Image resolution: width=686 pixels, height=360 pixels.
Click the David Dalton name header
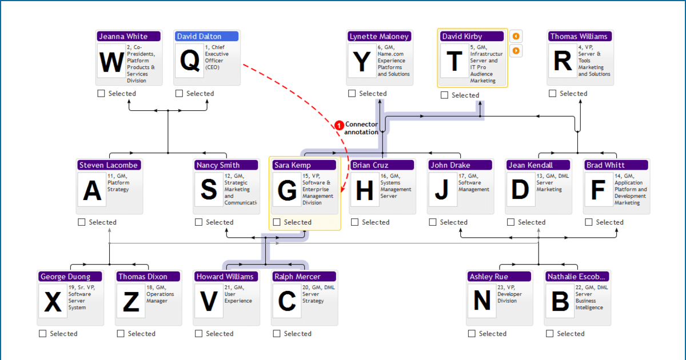[206, 37]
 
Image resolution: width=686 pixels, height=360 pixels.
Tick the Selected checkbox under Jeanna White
[101, 94]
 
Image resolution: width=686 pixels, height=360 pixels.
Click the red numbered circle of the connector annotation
[339, 125]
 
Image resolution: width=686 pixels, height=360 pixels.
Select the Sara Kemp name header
[304, 165]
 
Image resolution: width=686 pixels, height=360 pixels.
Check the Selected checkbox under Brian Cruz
[355, 222]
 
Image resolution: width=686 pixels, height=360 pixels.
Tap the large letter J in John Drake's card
[442, 190]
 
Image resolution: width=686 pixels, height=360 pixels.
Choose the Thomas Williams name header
[580, 37]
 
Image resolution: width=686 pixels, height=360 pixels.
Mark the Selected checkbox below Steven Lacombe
[82, 222]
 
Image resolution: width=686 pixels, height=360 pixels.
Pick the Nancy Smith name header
[226, 165]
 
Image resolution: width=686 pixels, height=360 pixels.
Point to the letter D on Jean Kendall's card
[520, 190]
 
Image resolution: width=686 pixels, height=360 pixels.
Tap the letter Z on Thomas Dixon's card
[131, 302]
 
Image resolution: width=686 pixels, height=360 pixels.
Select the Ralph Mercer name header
[304, 277]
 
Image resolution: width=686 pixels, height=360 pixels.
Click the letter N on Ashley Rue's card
[482, 302]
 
